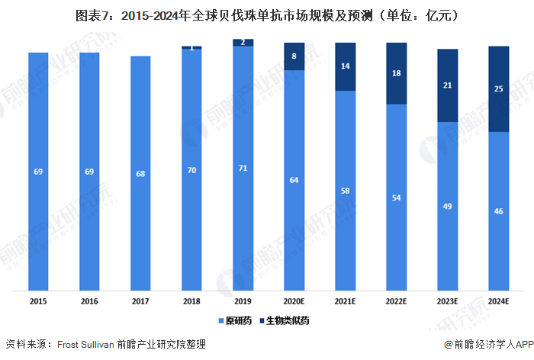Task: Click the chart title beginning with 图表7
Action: click(x=266, y=14)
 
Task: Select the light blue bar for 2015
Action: click(x=38, y=172)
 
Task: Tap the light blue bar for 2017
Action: click(x=140, y=173)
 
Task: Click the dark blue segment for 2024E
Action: click(x=498, y=89)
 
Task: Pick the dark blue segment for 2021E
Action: click(x=345, y=66)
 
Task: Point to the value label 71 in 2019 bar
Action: click(x=243, y=167)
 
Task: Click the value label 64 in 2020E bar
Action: click(x=294, y=180)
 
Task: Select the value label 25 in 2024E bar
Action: click(x=498, y=89)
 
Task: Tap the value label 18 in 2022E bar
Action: click(x=396, y=73)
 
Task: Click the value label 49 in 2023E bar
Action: click(x=447, y=206)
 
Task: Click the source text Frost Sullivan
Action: click(x=90, y=345)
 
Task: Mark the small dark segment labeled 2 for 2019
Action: click(x=243, y=43)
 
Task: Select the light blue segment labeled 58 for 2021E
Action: click(x=345, y=191)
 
